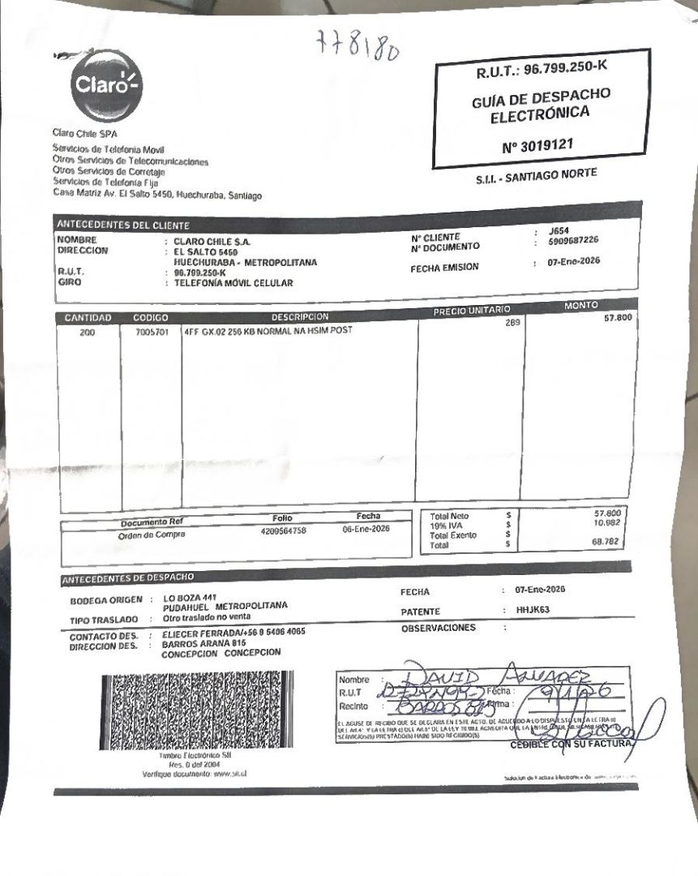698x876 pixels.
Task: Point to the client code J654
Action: tap(559, 230)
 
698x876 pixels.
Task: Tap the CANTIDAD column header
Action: tap(88, 318)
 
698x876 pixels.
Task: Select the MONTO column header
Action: tap(580, 305)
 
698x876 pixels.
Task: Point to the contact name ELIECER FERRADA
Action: tap(197, 633)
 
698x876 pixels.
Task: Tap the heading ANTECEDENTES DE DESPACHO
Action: tap(128, 577)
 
